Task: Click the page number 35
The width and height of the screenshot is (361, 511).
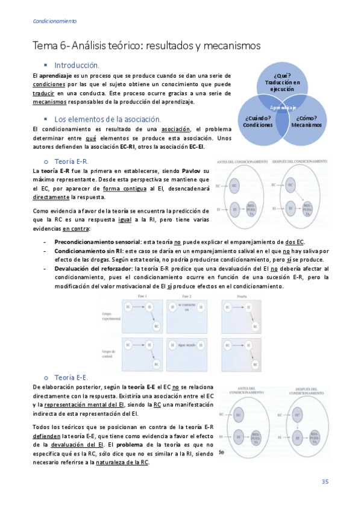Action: pos(324,481)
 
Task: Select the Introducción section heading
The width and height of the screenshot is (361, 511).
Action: pos(77,64)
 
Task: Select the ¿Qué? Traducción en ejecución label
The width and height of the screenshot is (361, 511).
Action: pos(282,81)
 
